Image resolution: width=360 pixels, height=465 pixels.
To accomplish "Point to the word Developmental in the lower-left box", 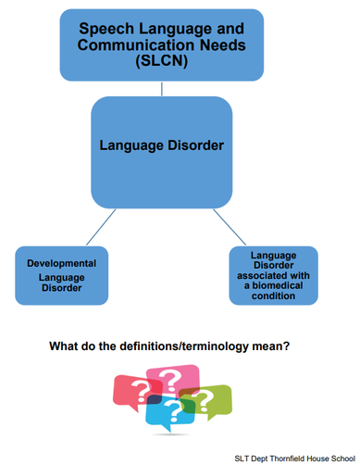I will pyautogui.click(x=62, y=263).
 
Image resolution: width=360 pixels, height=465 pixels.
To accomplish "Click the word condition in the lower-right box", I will pyautogui.click(x=273, y=295).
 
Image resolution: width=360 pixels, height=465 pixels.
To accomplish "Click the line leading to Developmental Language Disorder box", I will pyautogui.click(x=100, y=229).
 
